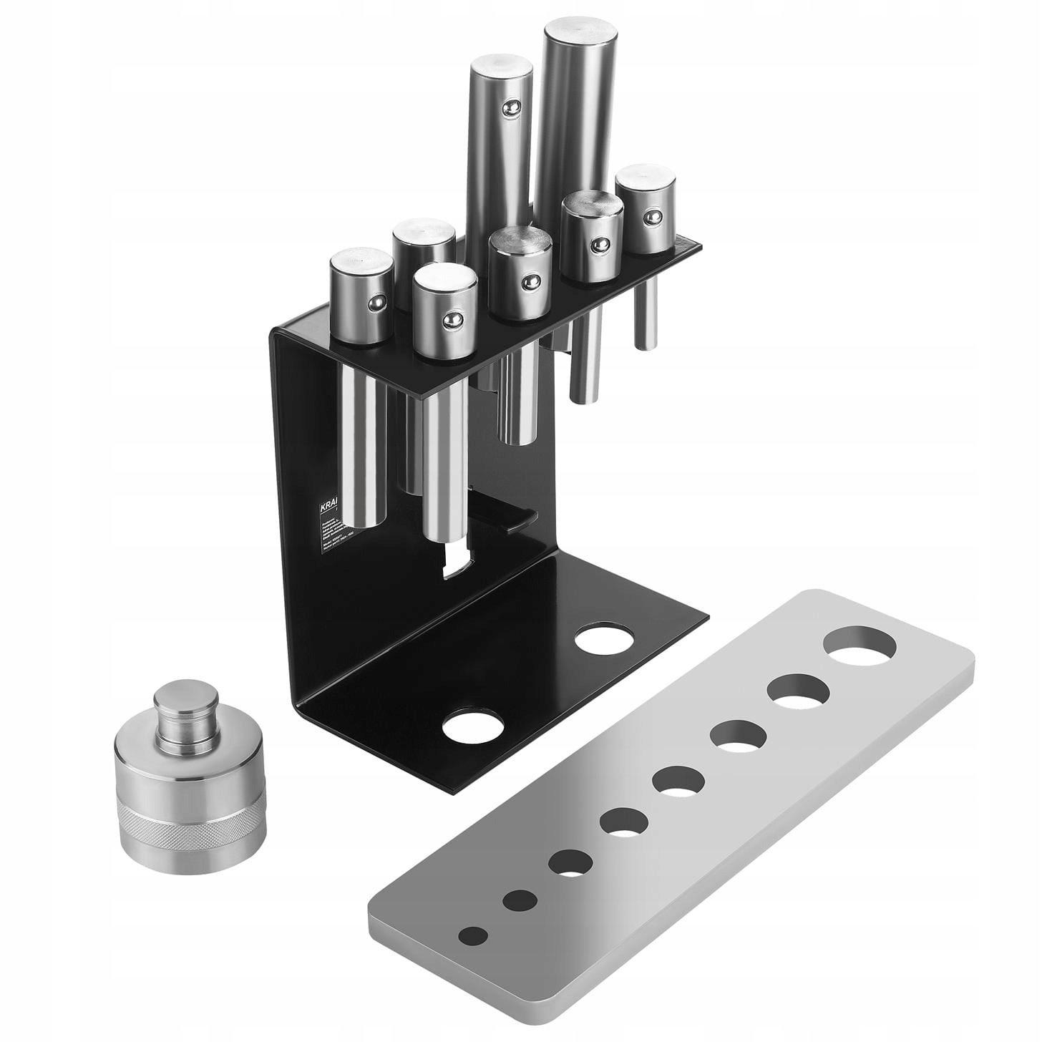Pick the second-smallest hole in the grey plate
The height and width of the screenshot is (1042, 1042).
(x=520, y=900)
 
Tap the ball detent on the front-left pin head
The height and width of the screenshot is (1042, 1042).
(x=450, y=320)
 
